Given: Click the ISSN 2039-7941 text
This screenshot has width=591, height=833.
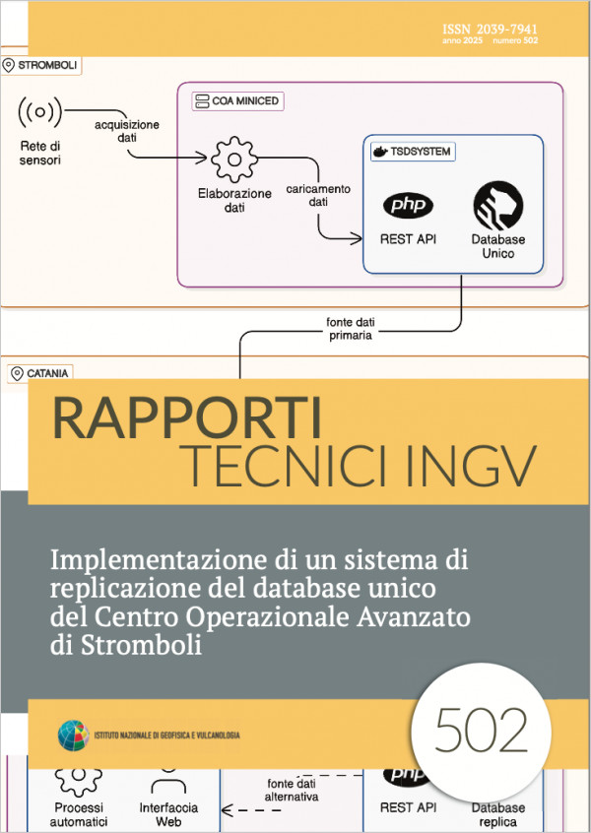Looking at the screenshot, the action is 490,30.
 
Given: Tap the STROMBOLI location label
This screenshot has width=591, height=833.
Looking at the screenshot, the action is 41,65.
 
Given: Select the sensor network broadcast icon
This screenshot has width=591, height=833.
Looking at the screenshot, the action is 39,111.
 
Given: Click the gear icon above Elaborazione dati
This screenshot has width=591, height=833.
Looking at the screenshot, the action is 233,159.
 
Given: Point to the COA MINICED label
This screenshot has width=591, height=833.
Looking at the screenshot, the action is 237,101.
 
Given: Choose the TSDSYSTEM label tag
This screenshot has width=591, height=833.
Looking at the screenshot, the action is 413,152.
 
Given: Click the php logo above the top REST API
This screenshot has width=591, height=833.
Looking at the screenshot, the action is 408,205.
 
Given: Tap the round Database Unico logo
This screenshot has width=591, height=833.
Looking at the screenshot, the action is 498,205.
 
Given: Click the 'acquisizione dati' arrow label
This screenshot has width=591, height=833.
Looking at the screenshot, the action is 127,131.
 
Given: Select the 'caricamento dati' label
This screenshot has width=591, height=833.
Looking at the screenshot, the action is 318,195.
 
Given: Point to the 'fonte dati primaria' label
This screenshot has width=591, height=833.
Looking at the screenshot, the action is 351,328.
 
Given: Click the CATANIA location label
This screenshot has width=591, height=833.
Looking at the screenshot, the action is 40,373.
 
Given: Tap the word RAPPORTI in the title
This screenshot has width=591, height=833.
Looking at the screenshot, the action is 187,418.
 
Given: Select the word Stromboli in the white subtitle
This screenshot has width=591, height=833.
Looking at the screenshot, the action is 141,645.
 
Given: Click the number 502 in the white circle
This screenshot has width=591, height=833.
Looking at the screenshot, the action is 482,730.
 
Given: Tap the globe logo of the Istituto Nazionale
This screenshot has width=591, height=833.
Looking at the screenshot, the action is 73,735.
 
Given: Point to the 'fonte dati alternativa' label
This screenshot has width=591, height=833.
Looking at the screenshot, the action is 292,790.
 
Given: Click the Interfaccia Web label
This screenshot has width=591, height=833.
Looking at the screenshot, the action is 168,814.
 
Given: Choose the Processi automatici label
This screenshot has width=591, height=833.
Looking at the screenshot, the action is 79,814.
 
